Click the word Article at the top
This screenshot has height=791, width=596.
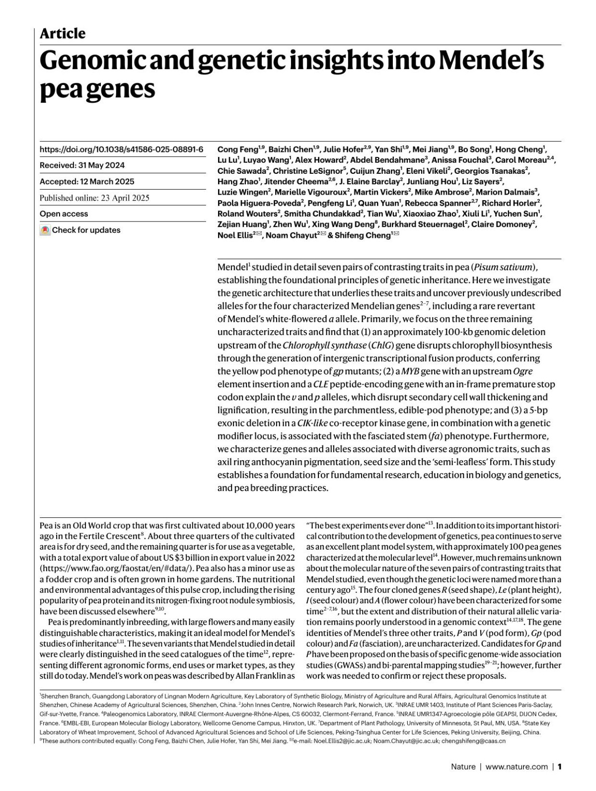point(62,33)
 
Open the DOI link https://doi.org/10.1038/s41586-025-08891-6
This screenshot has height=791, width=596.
point(121,149)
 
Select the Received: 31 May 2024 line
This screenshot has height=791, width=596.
point(82,165)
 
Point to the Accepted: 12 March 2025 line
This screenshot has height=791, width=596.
point(87,182)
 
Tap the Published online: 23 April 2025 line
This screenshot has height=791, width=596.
point(94,198)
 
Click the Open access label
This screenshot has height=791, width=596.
point(64,214)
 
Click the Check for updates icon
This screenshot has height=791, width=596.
point(45,230)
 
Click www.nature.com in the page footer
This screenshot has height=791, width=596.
point(516,767)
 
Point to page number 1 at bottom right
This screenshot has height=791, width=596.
point(559,767)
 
